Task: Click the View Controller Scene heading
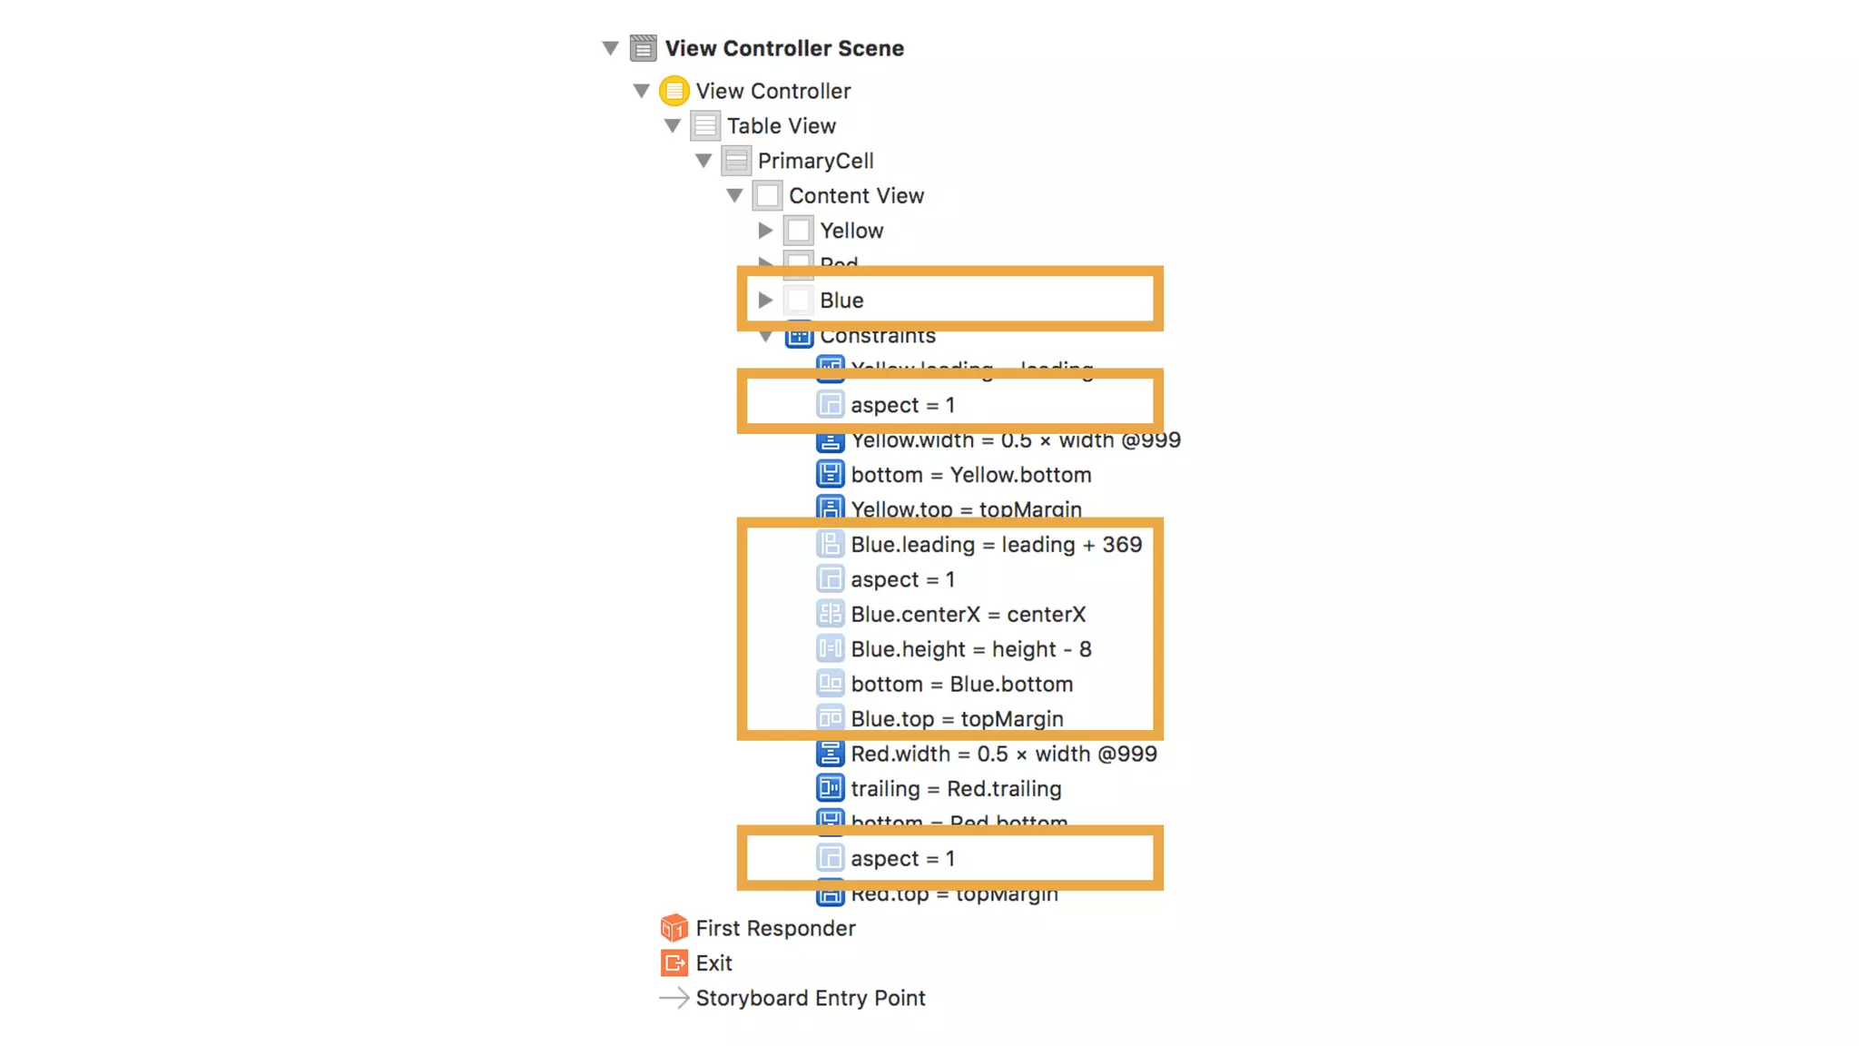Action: click(x=783, y=48)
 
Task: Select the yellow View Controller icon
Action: click(x=674, y=91)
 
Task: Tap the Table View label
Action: click(x=781, y=126)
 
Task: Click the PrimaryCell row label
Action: click(x=815, y=161)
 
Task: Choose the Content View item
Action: click(x=855, y=195)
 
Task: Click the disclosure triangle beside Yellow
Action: click(x=765, y=231)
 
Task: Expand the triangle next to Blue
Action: click(x=765, y=300)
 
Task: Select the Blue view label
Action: click(x=841, y=301)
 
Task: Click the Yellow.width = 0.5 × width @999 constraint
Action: click(x=1015, y=441)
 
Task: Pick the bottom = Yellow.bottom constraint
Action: click(x=970, y=475)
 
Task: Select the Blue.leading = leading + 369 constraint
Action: click(x=996, y=545)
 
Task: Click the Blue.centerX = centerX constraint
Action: click(x=968, y=615)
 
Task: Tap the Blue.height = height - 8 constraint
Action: click(x=970, y=649)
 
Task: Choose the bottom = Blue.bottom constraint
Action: click(x=961, y=684)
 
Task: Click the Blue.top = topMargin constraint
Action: click(x=957, y=719)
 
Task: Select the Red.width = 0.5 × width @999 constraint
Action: click(x=1003, y=754)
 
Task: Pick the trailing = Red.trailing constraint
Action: click(x=956, y=789)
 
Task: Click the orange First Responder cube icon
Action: click(x=674, y=928)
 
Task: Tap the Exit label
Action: click(x=713, y=962)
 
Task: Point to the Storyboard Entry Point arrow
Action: click(x=674, y=998)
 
